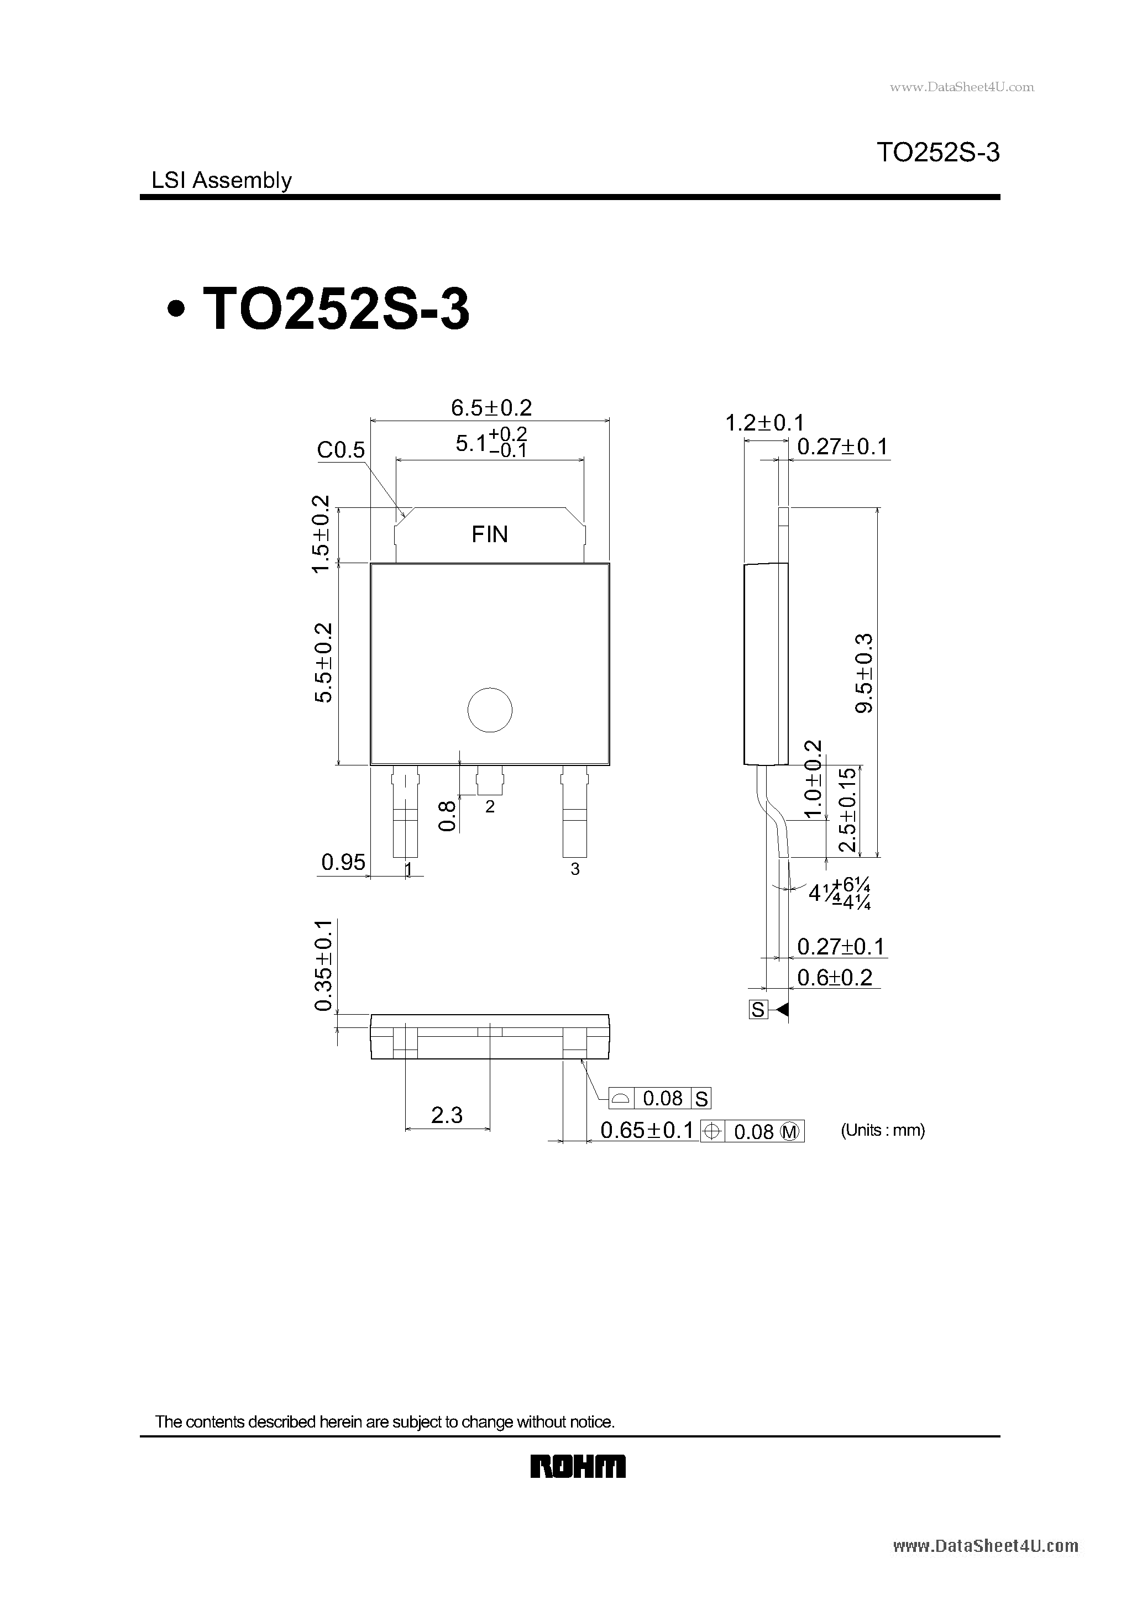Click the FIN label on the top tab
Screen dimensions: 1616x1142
489,534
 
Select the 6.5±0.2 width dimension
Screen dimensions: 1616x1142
491,407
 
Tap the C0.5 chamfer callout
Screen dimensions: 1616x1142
340,450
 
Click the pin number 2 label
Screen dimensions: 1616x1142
490,806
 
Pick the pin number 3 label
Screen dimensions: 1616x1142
575,869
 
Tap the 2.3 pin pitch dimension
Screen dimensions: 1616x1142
447,1115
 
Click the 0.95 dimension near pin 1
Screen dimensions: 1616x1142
343,862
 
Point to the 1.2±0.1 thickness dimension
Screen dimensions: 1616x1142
764,423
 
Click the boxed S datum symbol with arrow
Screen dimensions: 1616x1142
758,1010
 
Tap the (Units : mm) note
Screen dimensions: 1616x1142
883,1130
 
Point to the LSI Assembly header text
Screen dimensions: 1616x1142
221,180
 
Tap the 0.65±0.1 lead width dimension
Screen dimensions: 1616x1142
646,1130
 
